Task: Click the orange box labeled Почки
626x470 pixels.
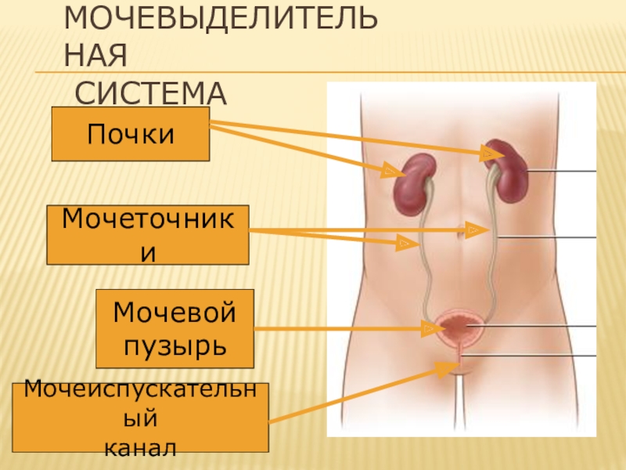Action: coord(131,134)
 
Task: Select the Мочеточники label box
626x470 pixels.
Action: coord(148,234)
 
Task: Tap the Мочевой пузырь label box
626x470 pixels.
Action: coord(175,328)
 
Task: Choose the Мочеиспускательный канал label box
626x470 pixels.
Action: coord(141,418)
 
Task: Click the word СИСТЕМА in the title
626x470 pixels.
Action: coord(150,93)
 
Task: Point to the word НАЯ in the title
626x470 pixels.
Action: coord(95,56)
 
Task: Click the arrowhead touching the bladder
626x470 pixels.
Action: coord(430,328)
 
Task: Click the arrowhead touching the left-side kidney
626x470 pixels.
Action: coord(389,169)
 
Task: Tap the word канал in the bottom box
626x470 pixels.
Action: coord(141,447)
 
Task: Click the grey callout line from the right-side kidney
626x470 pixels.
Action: coord(563,171)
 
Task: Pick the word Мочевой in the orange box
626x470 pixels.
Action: coord(175,313)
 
